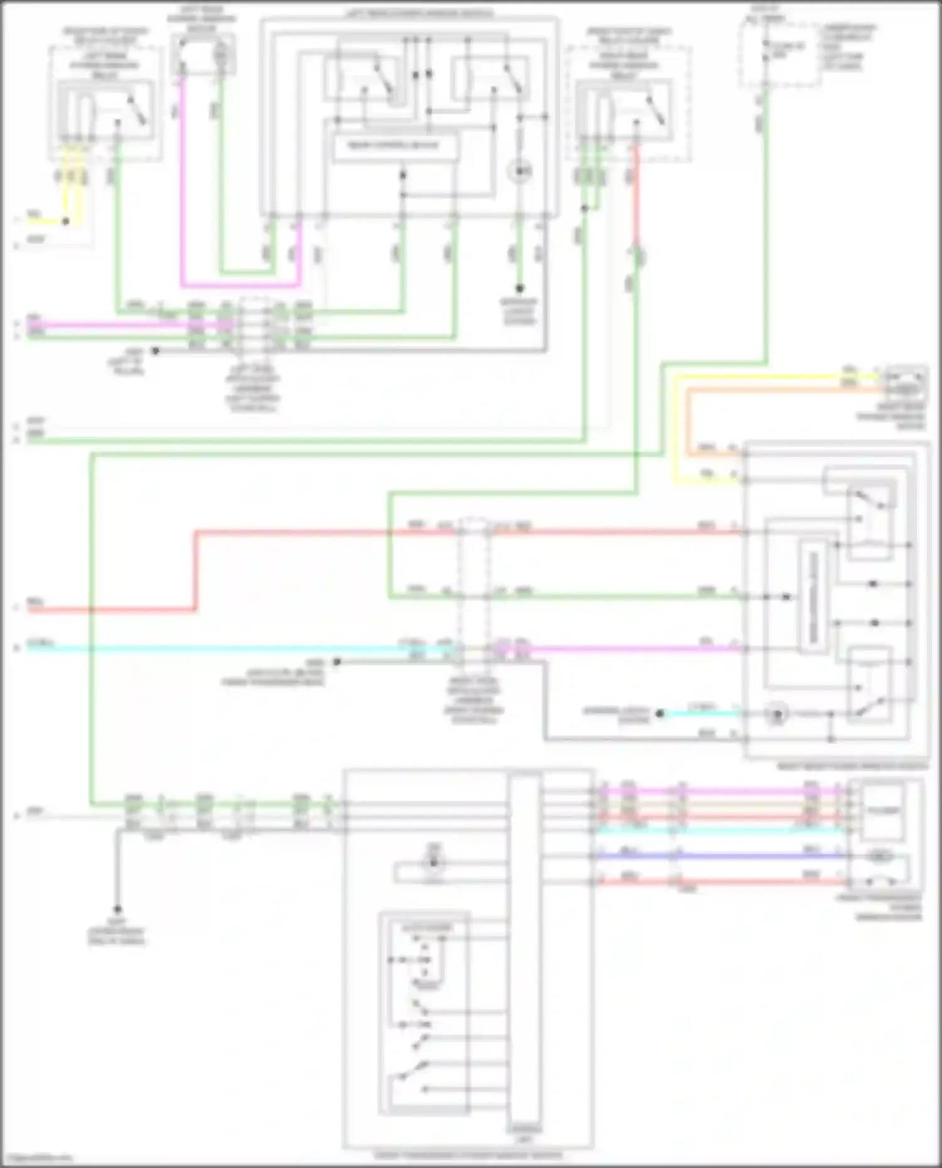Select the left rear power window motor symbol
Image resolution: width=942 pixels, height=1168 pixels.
(202, 53)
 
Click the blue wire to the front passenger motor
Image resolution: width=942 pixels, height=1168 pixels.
(722, 855)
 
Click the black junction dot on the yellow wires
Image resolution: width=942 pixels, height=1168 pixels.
(65, 222)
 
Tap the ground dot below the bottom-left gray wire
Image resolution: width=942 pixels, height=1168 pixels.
(117, 909)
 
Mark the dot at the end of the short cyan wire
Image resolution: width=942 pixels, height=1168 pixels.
(659, 714)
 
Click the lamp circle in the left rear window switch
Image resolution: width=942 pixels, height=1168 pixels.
(520, 171)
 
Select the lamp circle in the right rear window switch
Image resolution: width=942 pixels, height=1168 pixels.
(777, 714)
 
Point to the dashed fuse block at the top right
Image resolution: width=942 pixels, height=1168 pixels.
(779, 55)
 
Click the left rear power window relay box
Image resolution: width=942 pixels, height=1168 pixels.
(106, 110)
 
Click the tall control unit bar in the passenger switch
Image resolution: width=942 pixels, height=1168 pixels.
(526, 954)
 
